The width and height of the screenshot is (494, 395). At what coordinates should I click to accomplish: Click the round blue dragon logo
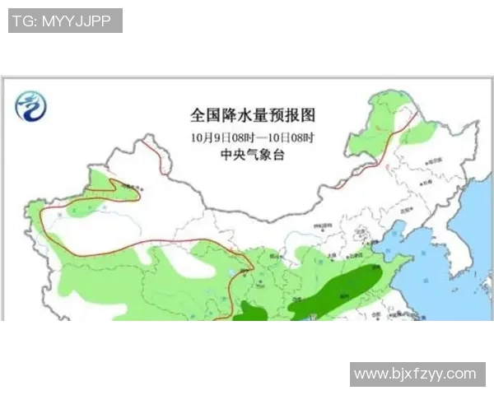(x=31, y=105)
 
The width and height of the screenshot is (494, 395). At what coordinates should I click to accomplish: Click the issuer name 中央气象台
(x=253, y=155)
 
